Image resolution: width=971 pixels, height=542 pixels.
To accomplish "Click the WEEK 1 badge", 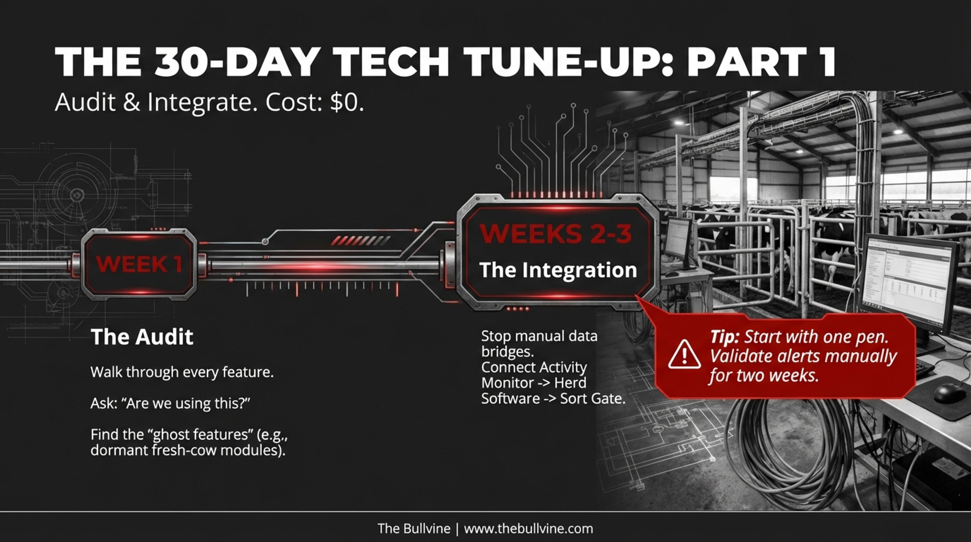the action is click(139, 264).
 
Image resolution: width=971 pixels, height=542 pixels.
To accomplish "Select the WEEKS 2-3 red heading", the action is click(556, 234).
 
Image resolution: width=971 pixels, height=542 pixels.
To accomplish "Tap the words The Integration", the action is click(558, 270).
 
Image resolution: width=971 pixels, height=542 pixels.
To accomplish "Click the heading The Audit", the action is click(142, 337).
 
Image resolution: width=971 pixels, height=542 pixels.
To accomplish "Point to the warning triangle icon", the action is click(684, 355).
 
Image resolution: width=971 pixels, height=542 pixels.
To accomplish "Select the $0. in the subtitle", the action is click(347, 102).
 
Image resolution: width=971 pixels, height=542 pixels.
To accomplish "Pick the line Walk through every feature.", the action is click(182, 373).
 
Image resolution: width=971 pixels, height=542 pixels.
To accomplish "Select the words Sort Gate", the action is click(592, 399).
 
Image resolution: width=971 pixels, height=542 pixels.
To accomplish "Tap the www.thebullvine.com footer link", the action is click(529, 528).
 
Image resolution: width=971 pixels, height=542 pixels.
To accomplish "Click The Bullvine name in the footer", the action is click(414, 528).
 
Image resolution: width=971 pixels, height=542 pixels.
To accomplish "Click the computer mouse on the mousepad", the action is click(950, 392).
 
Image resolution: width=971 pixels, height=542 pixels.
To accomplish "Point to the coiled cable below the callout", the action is click(787, 452).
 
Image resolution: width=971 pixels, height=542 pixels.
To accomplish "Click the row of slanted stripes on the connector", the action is click(360, 240).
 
